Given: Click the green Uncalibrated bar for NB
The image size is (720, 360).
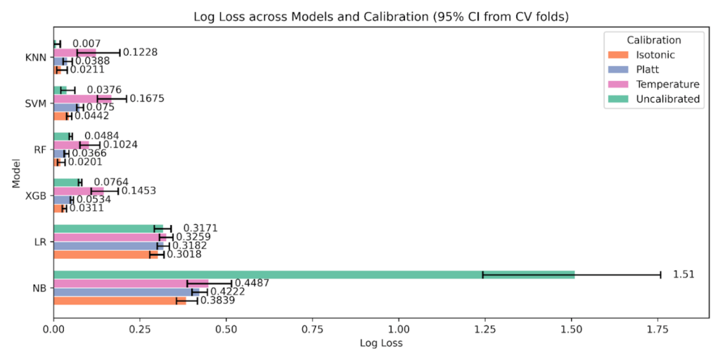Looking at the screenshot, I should coord(314,274).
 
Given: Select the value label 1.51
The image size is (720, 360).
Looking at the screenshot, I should coord(683,274).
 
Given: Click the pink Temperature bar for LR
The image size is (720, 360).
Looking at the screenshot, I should coord(110,237).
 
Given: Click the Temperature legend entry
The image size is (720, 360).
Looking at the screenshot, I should coord(667,84).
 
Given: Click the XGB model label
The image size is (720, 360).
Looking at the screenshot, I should coord(36,195).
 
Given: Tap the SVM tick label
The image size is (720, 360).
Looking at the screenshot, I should coord(35,103).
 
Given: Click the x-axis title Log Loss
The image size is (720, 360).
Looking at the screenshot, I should coord(381,344).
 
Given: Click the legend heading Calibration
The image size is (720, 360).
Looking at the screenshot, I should coord(653,40).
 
